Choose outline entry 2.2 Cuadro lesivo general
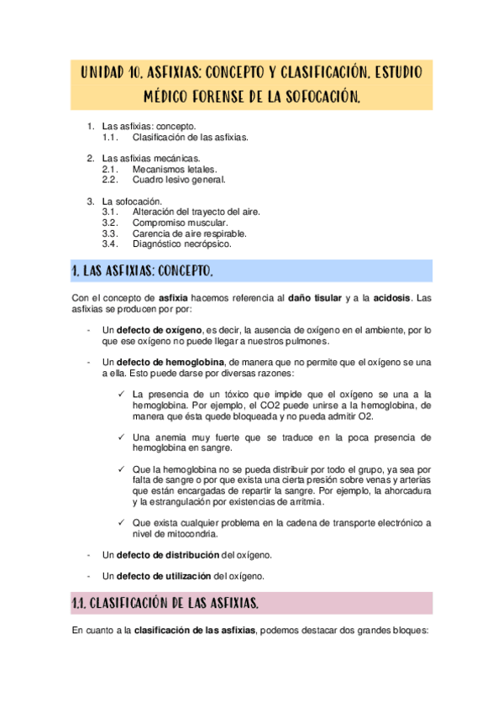tap(178, 180)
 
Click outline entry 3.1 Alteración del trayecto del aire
tap(196, 212)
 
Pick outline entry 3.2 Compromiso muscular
tap(180, 223)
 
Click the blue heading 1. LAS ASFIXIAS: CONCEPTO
tap(143, 270)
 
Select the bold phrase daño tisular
tap(315, 297)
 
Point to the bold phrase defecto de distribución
tap(168, 556)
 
